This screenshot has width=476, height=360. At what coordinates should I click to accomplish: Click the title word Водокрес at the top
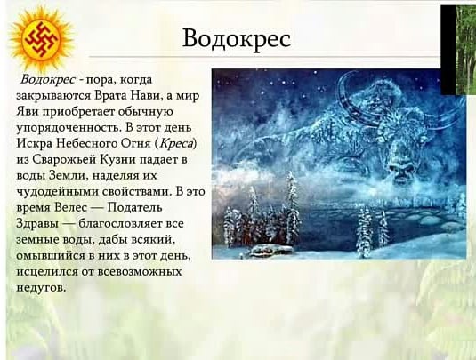237,39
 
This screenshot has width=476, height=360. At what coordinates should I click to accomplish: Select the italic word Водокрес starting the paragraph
48,79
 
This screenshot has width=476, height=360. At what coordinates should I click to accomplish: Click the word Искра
35,143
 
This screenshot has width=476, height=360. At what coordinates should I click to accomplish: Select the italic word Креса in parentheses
176,143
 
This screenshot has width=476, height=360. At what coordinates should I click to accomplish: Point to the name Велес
70,208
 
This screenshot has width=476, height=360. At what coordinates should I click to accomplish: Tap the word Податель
134,208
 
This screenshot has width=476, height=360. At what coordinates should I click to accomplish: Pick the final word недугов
41,287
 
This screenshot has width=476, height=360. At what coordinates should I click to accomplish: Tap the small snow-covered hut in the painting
270,250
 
